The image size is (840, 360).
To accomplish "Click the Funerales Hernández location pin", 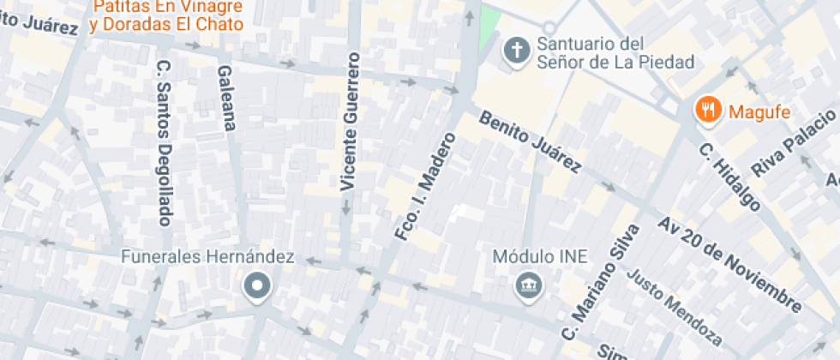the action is click(256, 285).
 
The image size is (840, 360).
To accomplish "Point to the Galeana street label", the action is click(225, 98).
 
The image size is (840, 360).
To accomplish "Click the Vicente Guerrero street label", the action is click(347, 121).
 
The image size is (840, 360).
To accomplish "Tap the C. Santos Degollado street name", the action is click(164, 142).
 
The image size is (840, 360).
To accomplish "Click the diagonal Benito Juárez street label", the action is click(531, 142).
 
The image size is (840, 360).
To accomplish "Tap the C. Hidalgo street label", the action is click(730, 177).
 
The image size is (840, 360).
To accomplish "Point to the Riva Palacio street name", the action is click(793, 142).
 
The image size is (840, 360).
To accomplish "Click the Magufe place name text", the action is click(759, 111).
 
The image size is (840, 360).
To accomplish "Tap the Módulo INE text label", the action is click(528, 256).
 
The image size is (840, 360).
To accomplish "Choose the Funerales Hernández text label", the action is click(207, 256).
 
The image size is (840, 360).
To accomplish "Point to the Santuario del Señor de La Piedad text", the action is click(615, 52).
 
